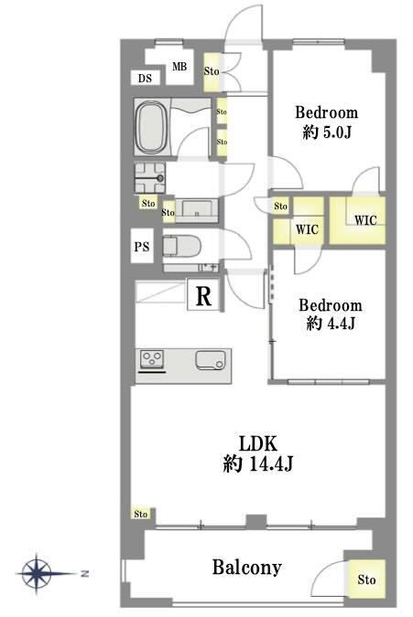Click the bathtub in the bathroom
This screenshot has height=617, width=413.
point(151,127)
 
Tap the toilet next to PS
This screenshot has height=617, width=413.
point(181,246)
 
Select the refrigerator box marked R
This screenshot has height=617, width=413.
point(203,294)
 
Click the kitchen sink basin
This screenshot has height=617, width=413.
point(211,360)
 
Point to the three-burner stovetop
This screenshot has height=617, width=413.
point(152,359)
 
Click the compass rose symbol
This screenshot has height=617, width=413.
point(37,573)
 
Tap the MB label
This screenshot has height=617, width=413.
point(179,67)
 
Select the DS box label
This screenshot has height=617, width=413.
point(145,78)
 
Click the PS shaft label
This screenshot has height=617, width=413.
point(142,247)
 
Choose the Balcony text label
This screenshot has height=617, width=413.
point(246,568)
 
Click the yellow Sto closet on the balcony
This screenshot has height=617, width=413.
point(366,580)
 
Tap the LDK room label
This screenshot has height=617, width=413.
point(258,443)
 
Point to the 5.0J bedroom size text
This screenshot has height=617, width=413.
point(327,133)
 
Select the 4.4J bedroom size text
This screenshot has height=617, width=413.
point(331,324)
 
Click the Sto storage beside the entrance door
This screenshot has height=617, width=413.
point(212,72)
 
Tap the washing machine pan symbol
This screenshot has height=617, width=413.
point(150,178)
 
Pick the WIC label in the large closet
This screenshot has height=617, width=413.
point(365,220)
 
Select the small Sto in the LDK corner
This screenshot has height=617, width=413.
point(141,514)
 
